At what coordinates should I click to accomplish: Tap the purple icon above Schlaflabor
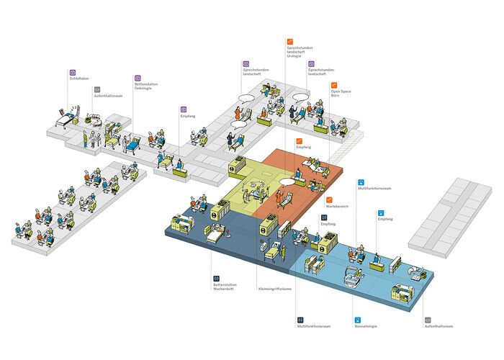[73, 73]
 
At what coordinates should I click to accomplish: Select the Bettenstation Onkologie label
[146, 86]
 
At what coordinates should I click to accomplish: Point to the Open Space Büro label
[341, 94]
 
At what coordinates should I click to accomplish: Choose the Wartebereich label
[337, 206]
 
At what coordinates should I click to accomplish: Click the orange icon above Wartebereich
[330, 199]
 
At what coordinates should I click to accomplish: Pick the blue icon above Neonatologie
[357, 319]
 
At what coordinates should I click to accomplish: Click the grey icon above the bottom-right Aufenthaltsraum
[428, 319]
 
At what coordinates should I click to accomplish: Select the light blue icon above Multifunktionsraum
[361, 183]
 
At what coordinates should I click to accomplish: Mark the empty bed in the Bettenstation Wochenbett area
[215, 235]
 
